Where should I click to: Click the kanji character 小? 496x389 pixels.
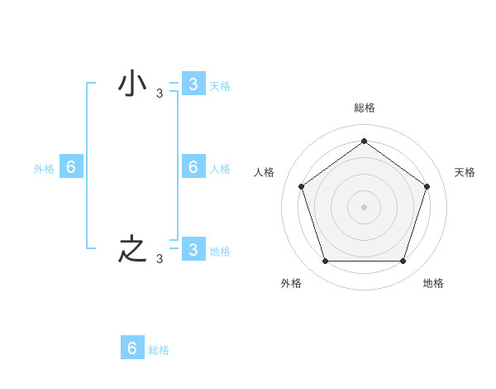coord(132,84)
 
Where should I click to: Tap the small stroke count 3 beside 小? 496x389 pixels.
coord(159,94)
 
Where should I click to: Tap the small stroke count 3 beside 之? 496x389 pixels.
coord(159,259)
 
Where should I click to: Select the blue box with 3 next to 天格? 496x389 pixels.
coord(193,84)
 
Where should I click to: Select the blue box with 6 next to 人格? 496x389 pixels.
coord(193,167)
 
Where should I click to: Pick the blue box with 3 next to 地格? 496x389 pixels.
coord(193,249)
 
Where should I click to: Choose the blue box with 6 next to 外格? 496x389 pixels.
coord(71,167)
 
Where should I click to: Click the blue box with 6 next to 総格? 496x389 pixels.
coord(132,348)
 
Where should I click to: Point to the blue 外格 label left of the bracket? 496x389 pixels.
coord(44,169)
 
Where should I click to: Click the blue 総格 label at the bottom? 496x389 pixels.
coord(159,350)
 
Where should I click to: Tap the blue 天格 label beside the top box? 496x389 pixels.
coord(219,86)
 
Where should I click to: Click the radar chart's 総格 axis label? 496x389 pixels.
coord(364,108)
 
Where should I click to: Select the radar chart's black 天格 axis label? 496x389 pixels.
coord(465,172)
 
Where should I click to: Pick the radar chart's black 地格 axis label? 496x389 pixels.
coord(433,283)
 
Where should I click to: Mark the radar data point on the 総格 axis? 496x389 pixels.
coord(364,142)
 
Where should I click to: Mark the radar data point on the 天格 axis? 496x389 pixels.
coord(427,186)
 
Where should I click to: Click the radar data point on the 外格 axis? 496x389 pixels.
coord(325,262)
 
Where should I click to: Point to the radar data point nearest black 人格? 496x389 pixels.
coord(301,186)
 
